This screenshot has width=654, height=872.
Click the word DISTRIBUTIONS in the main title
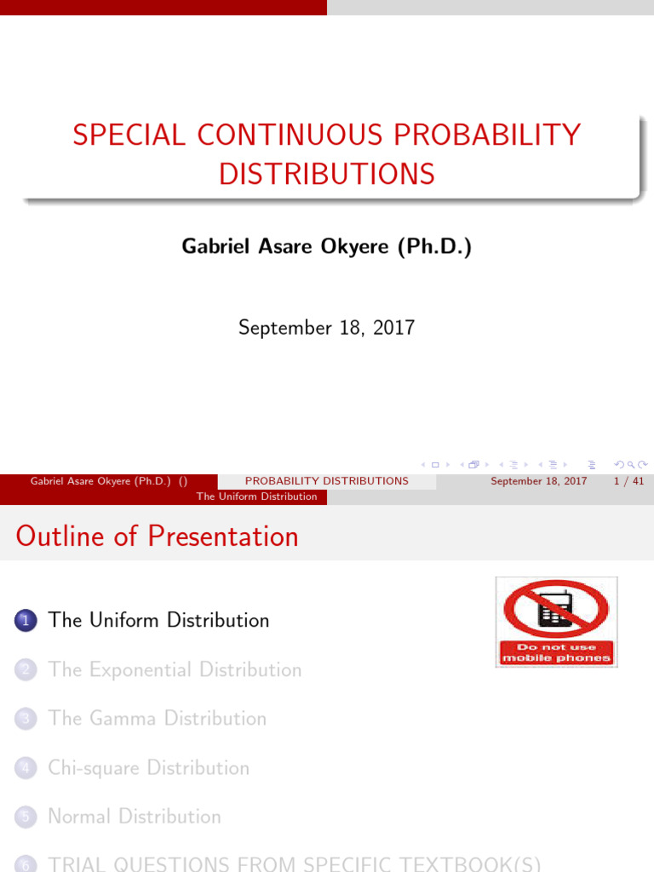(x=327, y=174)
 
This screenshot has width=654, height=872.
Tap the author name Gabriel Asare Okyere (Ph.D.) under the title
(x=326, y=247)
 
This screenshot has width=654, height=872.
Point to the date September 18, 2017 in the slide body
(x=326, y=327)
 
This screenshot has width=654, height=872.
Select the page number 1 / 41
(x=628, y=481)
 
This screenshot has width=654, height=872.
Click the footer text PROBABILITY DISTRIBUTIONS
(x=327, y=481)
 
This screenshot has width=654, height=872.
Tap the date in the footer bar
(x=539, y=481)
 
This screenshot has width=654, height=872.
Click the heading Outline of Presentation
(x=157, y=536)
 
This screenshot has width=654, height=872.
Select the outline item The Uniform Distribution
(x=159, y=621)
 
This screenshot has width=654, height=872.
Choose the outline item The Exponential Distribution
(x=175, y=670)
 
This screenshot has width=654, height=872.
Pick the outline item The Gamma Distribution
(x=158, y=719)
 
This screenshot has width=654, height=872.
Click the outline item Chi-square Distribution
(x=149, y=768)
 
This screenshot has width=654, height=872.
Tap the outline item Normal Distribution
(x=135, y=817)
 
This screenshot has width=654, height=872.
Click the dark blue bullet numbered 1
(x=25, y=622)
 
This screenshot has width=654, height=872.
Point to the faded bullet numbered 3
(x=25, y=720)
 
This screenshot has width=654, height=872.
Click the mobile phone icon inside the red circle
(x=555, y=608)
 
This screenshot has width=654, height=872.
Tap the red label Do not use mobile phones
(x=556, y=652)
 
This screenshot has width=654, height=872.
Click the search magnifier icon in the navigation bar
(x=631, y=465)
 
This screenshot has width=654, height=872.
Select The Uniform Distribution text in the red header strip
(x=256, y=496)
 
